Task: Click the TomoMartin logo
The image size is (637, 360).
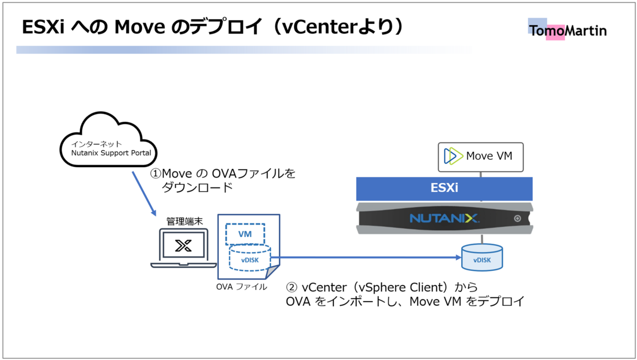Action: [567, 31]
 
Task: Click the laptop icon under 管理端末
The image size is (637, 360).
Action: [183, 247]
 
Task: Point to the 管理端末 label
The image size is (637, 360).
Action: [183, 220]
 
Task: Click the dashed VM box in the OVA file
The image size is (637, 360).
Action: [245, 233]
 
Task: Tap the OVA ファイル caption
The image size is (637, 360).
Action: [242, 287]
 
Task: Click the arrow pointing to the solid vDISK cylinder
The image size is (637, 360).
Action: [366, 258]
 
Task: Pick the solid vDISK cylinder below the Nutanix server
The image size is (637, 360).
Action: [481, 257]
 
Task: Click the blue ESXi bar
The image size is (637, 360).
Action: [444, 188]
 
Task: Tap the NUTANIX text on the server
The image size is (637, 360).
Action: [445, 218]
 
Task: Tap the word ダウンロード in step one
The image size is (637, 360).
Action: [197, 187]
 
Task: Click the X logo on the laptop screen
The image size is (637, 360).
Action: [183, 245]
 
